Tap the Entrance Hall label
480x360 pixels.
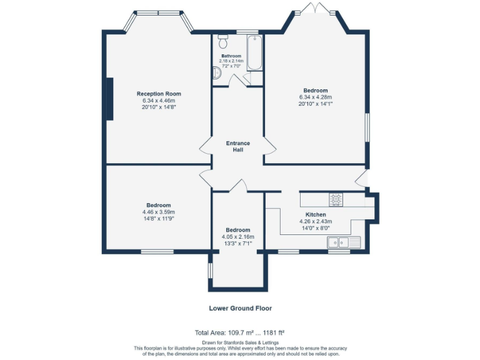[x=237, y=146]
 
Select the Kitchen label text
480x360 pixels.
[x=315, y=214]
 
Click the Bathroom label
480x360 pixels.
[x=231, y=56]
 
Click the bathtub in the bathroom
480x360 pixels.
[x=255, y=54]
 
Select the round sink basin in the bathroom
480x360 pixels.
[x=217, y=73]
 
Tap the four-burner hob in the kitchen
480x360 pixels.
[x=336, y=199]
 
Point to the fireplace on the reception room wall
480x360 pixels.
[x=109, y=98]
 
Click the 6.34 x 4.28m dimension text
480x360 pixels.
[x=315, y=97]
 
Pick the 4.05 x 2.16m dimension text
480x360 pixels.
[x=237, y=237]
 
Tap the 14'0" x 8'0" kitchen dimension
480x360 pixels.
[x=315, y=228]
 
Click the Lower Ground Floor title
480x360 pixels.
[x=240, y=308]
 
